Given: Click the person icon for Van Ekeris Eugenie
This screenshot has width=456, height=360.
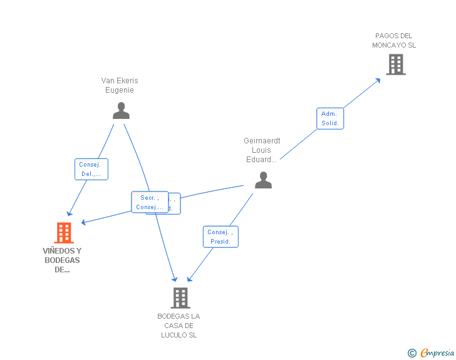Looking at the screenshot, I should [x=121, y=111].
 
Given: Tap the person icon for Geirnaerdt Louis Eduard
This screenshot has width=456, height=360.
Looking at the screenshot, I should [x=263, y=180].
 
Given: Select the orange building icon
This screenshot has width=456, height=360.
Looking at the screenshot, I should [x=64, y=233].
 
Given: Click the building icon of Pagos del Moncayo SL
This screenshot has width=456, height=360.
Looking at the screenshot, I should [x=395, y=64].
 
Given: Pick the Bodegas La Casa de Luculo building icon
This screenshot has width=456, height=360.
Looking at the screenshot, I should [x=180, y=298].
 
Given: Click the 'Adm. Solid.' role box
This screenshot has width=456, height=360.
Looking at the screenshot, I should [x=329, y=118].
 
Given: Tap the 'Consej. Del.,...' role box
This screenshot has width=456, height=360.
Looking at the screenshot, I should [x=91, y=169].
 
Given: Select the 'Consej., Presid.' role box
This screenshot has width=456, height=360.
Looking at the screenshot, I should [x=220, y=237].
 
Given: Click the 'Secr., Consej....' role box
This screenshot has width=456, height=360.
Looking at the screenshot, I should [x=150, y=202].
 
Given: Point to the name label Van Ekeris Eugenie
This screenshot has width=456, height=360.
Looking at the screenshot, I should [x=120, y=85].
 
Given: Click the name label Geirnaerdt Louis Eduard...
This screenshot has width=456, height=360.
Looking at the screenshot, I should [x=260, y=150].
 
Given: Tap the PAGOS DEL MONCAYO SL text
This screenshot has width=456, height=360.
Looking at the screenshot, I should [x=394, y=41].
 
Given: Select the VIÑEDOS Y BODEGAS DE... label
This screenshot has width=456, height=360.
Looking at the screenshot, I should [x=62, y=260].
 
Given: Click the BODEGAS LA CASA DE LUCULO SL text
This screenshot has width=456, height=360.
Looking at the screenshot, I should [x=179, y=326].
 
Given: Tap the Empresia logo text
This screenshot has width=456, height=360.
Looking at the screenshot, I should [x=437, y=353].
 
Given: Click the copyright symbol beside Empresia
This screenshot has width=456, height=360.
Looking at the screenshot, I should [x=412, y=353].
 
